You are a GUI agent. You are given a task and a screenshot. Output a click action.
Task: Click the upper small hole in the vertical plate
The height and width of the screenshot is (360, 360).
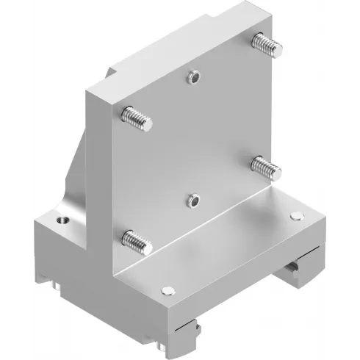click(x=193, y=76)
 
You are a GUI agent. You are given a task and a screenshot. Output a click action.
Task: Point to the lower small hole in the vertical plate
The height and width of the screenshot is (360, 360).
click(x=193, y=198)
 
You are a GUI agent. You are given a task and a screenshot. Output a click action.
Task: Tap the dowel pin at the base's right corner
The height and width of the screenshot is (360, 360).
click(x=296, y=215)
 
